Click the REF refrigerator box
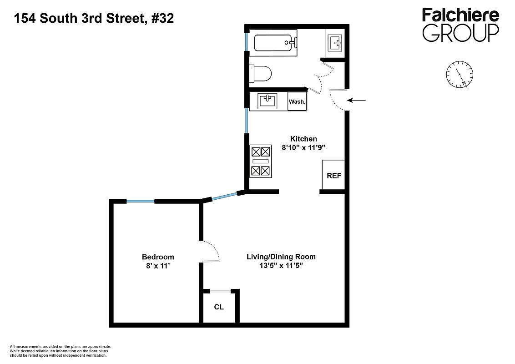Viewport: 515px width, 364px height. click(333, 175)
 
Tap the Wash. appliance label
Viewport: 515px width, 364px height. click(297, 101)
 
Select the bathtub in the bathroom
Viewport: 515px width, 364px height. click(275, 44)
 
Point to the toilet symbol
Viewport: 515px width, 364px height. click(261, 73)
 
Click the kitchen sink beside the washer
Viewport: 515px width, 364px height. click(267, 101)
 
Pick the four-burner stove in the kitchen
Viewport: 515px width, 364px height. click(260, 162)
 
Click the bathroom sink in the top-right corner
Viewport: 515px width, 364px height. click(334, 43)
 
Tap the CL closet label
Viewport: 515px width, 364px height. click(219, 307)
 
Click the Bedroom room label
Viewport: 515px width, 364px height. click(158, 257)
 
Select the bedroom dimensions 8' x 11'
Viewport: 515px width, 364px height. click(158, 266)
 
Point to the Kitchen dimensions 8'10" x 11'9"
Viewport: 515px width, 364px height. click(304, 148)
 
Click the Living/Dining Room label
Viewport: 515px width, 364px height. click(281, 257)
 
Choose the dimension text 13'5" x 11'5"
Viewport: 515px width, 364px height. click(281, 266)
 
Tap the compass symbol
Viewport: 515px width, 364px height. click(459, 75)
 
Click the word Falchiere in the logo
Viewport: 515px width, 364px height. click(460, 15)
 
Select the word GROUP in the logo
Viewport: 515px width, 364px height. click(460, 33)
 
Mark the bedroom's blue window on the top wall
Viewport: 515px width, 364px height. click(141, 201)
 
